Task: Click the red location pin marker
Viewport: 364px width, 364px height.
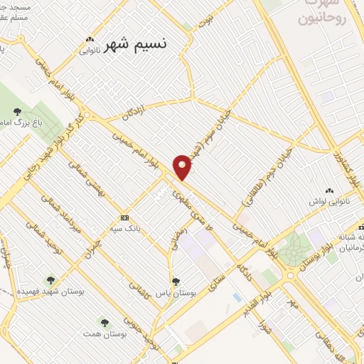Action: tap(183, 168)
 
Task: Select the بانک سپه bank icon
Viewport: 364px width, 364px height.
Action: tap(125, 218)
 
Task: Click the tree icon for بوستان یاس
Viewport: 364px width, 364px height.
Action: tap(176, 282)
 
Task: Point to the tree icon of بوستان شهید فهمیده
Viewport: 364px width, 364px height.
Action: tap(50, 280)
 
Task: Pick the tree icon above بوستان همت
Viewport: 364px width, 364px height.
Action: tap(105, 323)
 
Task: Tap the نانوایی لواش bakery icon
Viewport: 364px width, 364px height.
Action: tap(328, 191)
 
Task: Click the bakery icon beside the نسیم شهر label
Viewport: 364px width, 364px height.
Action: tap(89, 40)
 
